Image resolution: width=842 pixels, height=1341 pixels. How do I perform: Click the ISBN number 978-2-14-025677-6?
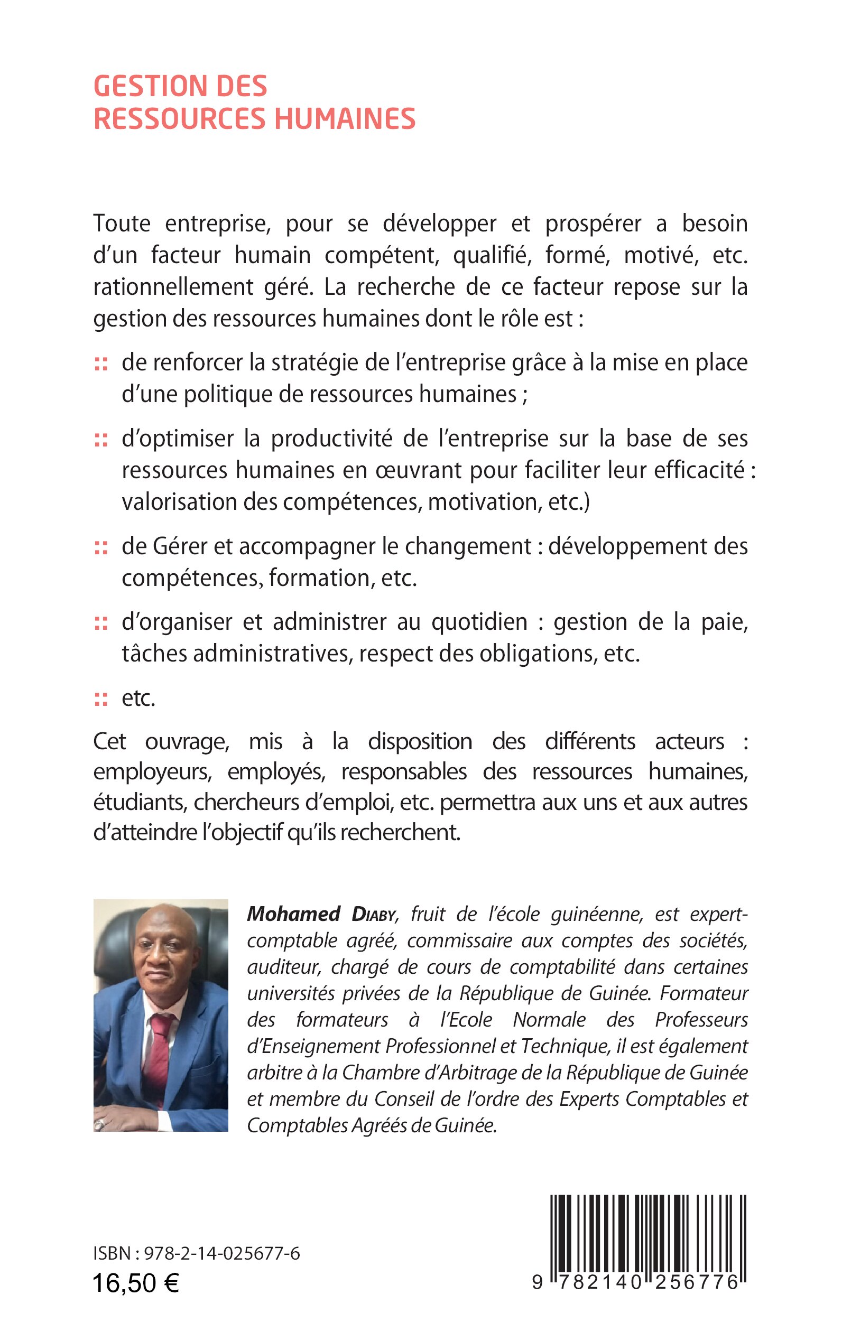click(x=221, y=1254)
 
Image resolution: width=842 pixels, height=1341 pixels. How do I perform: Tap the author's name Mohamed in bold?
click(x=293, y=914)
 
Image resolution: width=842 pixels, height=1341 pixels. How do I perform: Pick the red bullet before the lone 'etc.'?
click(x=101, y=700)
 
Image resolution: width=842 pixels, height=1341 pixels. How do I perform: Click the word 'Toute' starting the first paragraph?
click(x=122, y=224)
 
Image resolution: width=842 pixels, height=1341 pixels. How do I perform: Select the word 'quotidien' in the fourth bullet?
click(x=479, y=622)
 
